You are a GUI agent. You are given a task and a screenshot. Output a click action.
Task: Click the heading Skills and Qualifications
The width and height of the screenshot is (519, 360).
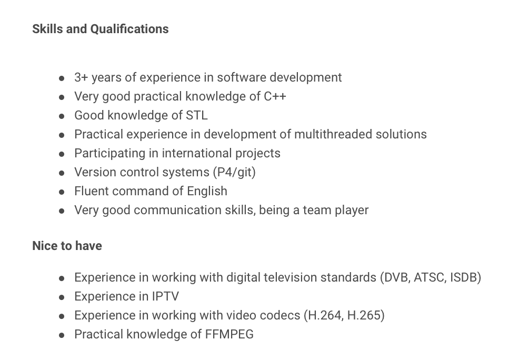coord(101,29)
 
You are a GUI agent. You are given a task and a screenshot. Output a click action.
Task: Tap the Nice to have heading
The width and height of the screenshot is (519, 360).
coord(67,246)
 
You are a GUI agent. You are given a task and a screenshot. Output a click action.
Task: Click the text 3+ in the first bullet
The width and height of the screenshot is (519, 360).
coord(81,77)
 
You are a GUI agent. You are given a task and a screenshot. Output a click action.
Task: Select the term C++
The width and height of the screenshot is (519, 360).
coord(275,96)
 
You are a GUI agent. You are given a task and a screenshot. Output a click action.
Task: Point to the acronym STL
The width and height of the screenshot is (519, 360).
coord(197,115)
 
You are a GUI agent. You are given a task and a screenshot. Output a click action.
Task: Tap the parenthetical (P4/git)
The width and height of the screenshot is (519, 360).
coord(234,173)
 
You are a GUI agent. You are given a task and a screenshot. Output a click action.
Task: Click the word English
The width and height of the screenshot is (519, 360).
coord(207,191)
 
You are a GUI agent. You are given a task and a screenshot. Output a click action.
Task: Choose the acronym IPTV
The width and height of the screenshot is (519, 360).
coord(165,296)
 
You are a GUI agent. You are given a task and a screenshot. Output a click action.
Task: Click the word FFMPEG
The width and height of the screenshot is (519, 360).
coord(229,335)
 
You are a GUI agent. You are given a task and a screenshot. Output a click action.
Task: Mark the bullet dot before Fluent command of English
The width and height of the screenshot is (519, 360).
coord(62,192)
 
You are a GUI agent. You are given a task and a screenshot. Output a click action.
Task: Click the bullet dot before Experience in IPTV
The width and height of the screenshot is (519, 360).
coord(62,297)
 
